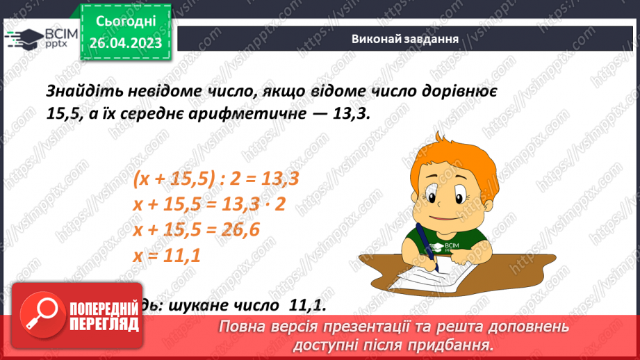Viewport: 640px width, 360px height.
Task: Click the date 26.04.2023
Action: click(x=125, y=43)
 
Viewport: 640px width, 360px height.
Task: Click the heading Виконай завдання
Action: click(x=404, y=39)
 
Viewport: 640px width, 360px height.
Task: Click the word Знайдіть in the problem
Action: click(x=80, y=92)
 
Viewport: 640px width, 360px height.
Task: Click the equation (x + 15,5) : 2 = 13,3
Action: click(x=215, y=179)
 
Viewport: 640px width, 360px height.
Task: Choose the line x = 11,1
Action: click(x=166, y=255)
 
